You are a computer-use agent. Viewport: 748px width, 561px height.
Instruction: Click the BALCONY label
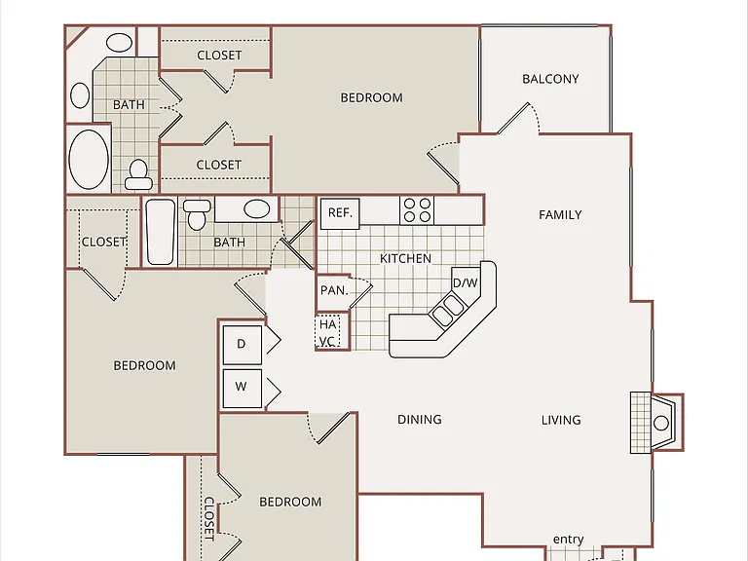coord(550,79)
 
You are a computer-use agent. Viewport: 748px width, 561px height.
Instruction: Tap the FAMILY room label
coord(560,214)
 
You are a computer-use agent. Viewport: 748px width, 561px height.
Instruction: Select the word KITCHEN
coord(405,258)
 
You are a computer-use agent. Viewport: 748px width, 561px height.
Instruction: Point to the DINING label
coord(420,420)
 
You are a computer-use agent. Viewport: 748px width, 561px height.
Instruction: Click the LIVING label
coord(561,420)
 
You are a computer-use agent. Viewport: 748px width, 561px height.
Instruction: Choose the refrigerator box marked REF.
coord(340,213)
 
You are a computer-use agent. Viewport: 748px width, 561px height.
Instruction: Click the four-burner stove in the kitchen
coord(418,210)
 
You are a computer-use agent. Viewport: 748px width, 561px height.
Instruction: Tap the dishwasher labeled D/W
coord(466,282)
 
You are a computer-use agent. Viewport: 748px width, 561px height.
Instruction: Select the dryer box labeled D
coord(242,345)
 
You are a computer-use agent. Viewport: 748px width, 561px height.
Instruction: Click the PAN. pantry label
coord(334,290)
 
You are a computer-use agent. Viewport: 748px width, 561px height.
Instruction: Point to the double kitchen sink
coord(446,311)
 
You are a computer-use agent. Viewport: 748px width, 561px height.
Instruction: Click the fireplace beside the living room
coord(656,423)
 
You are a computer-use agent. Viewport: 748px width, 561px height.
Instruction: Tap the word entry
coord(568,539)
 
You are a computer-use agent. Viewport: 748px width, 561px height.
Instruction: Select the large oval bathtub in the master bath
coord(89,160)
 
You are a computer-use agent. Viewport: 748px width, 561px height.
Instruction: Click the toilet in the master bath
coord(139,174)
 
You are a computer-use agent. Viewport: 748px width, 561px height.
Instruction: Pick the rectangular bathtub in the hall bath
coord(161,232)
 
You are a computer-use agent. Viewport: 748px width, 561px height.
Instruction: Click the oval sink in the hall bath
coord(257,209)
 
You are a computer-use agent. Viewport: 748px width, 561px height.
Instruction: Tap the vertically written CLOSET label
coord(209,519)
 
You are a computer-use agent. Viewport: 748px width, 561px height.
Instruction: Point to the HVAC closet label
coord(327,332)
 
